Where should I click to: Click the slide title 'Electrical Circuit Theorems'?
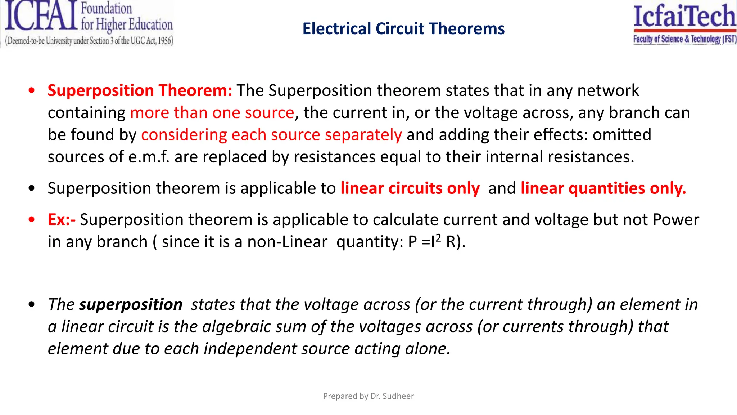pyautogui.click(x=403, y=29)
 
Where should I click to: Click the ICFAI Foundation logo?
pyautogui.click(x=89, y=23)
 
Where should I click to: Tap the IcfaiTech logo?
pyautogui.click(x=685, y=23)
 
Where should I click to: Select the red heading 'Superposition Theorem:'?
pyautogui.click(x=140, y=90)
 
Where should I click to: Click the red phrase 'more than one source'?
pyautogui.click(x=212, y=113)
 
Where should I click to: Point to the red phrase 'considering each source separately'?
pyautogui.click(x=271, y=135)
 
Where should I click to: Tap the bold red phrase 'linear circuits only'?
pyautogui.click(x=410, y=188)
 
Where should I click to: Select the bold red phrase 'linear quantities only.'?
pyautogui.click(x=603, y=188)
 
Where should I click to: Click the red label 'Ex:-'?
pyautogui.click(x=62, y=220)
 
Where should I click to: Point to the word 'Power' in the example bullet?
pyautogui.click(x=676, y=220)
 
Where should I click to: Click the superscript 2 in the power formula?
pyautogui.click(x=438, y=238)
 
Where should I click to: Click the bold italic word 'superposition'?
pyautogui.click(x=131, y=304)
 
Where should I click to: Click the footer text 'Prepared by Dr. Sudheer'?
pyautogui.click(x=368, y=396)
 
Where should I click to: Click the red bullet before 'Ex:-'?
pyautogui.click(x=32, y=219)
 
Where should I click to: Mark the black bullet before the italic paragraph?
pyautogui.click(x=32, y=304)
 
